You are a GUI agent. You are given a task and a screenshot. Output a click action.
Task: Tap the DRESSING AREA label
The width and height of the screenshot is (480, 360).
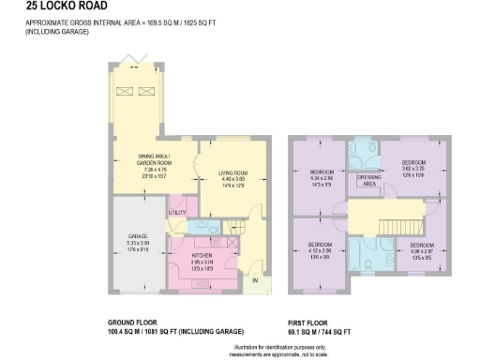click(x=369, y=180)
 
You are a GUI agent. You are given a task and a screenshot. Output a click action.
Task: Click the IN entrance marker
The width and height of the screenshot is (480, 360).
click(x=253, y=279)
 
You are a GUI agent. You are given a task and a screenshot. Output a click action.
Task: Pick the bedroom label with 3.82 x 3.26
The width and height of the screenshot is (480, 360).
click(x=413, y=162)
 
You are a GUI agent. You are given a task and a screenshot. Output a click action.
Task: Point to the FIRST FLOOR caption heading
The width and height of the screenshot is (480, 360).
click(x=309, y=323)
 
